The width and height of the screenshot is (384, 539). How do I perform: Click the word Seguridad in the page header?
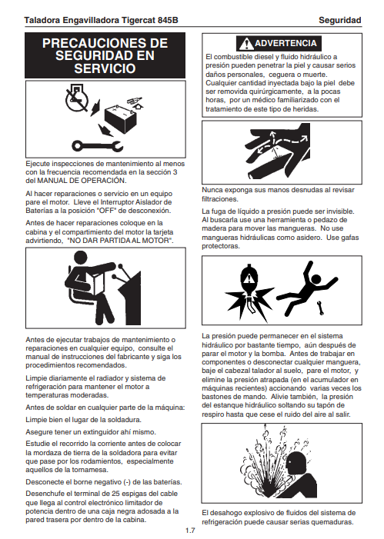[x=339, y=20]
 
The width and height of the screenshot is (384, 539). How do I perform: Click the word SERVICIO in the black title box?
[x=105, y=68]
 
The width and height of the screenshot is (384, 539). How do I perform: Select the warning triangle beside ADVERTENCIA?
[x=246, y=44]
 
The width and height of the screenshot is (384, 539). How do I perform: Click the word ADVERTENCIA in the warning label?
[x=285, y=43]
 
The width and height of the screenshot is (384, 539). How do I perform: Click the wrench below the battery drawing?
[x=98, y=146]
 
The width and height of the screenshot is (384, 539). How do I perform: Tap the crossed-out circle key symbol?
[x=76, y=98]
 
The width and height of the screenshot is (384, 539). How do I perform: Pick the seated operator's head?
[x=82, y=258]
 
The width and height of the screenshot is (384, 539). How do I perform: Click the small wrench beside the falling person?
[x=320, y=308]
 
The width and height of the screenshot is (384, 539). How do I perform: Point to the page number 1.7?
[x=190, y=531]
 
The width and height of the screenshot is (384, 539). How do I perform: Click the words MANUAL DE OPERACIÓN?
[x=82, y=181]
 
